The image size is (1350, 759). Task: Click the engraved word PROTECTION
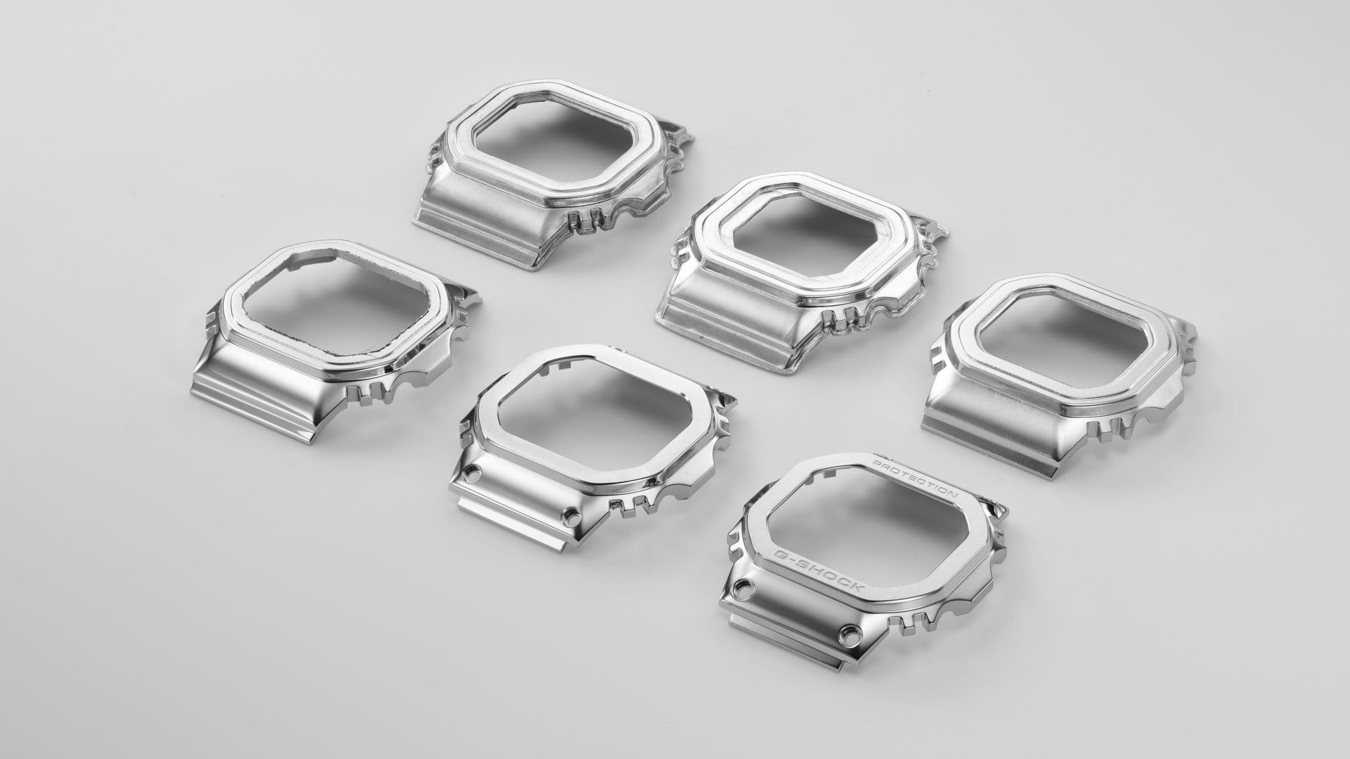point(915,484)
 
